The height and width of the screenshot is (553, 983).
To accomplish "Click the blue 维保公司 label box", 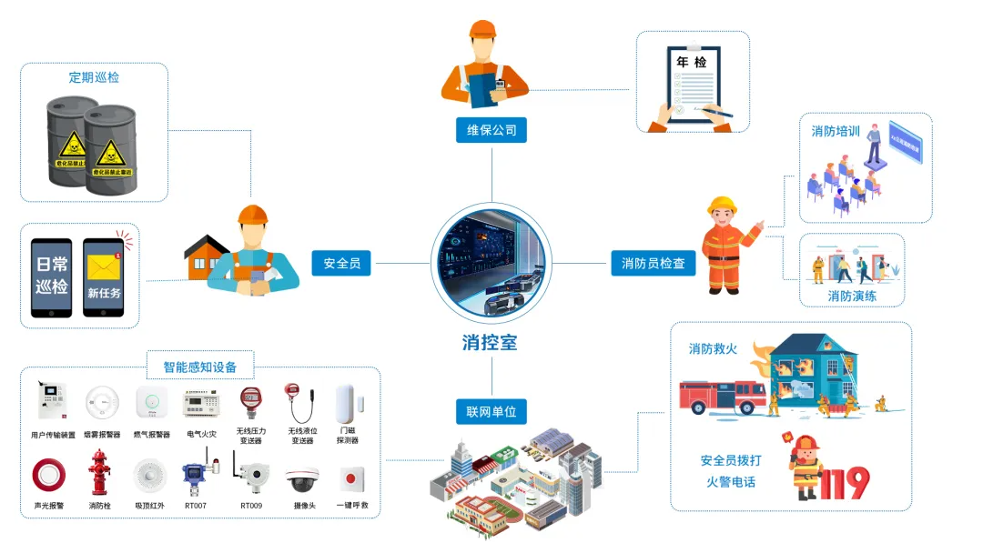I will click(491, 130).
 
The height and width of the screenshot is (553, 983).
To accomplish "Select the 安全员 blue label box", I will click(342, 264).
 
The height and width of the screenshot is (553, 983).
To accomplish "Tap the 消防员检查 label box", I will click(654, 264).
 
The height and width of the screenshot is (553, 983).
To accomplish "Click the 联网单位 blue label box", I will click(491, 412).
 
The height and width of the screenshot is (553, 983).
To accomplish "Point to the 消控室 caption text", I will click(490, 343).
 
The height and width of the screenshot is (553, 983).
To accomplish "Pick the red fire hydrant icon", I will click(98, 471).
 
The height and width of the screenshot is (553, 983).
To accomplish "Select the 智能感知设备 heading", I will click(200, 367).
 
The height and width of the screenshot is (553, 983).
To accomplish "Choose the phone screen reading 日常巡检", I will click(52, 277).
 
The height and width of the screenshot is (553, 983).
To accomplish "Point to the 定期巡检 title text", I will click(94, 77).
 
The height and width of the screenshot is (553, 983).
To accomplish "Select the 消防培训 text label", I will click(836, 131).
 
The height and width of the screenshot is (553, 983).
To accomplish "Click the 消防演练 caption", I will click(852, 297).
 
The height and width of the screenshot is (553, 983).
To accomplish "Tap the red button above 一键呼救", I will click(351, 477).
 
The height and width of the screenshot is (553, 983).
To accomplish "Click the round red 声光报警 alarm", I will click(48, 475).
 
